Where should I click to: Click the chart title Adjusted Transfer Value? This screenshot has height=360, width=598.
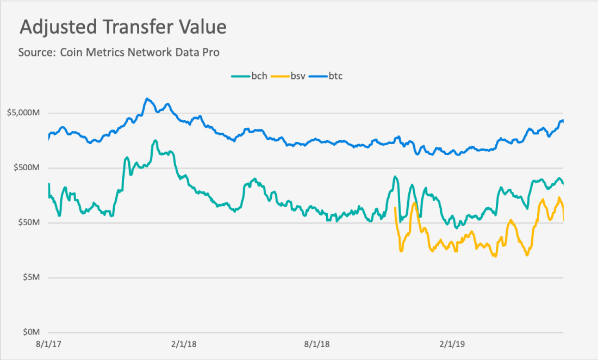click(x=123, y=27)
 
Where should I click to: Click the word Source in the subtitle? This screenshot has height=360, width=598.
click(x=37, y=52)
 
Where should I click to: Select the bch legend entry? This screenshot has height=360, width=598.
click(x=250, y=76)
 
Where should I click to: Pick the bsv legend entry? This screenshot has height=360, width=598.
click(x=288, y=76)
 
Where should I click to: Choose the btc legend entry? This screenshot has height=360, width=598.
click(x=326, y=76)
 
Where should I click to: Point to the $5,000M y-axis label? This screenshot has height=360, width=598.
click(x=23, y=113)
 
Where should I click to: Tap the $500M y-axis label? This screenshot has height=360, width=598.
click(x=26, y=168)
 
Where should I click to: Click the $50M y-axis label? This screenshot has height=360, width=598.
click(x=29, y=222)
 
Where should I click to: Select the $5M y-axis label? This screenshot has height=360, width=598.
click(x=31, y=277)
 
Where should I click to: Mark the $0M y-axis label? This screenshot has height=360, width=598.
click(x=31, y=332)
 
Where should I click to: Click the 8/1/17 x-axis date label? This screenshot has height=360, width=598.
click(x=48, y=344)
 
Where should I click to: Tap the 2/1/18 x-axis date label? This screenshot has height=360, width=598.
click(x=184, y=344)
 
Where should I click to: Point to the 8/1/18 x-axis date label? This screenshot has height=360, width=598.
click(x=317, y=344)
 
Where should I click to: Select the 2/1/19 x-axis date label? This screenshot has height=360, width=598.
click(x=452, y=344)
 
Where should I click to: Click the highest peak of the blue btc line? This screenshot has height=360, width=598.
click(x=147, y=99)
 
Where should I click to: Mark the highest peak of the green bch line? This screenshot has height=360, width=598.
click(x=155, y=140)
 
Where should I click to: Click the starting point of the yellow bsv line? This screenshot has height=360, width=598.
click(x=395, y=208)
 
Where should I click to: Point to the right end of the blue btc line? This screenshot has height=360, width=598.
click(x=563, y=121)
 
